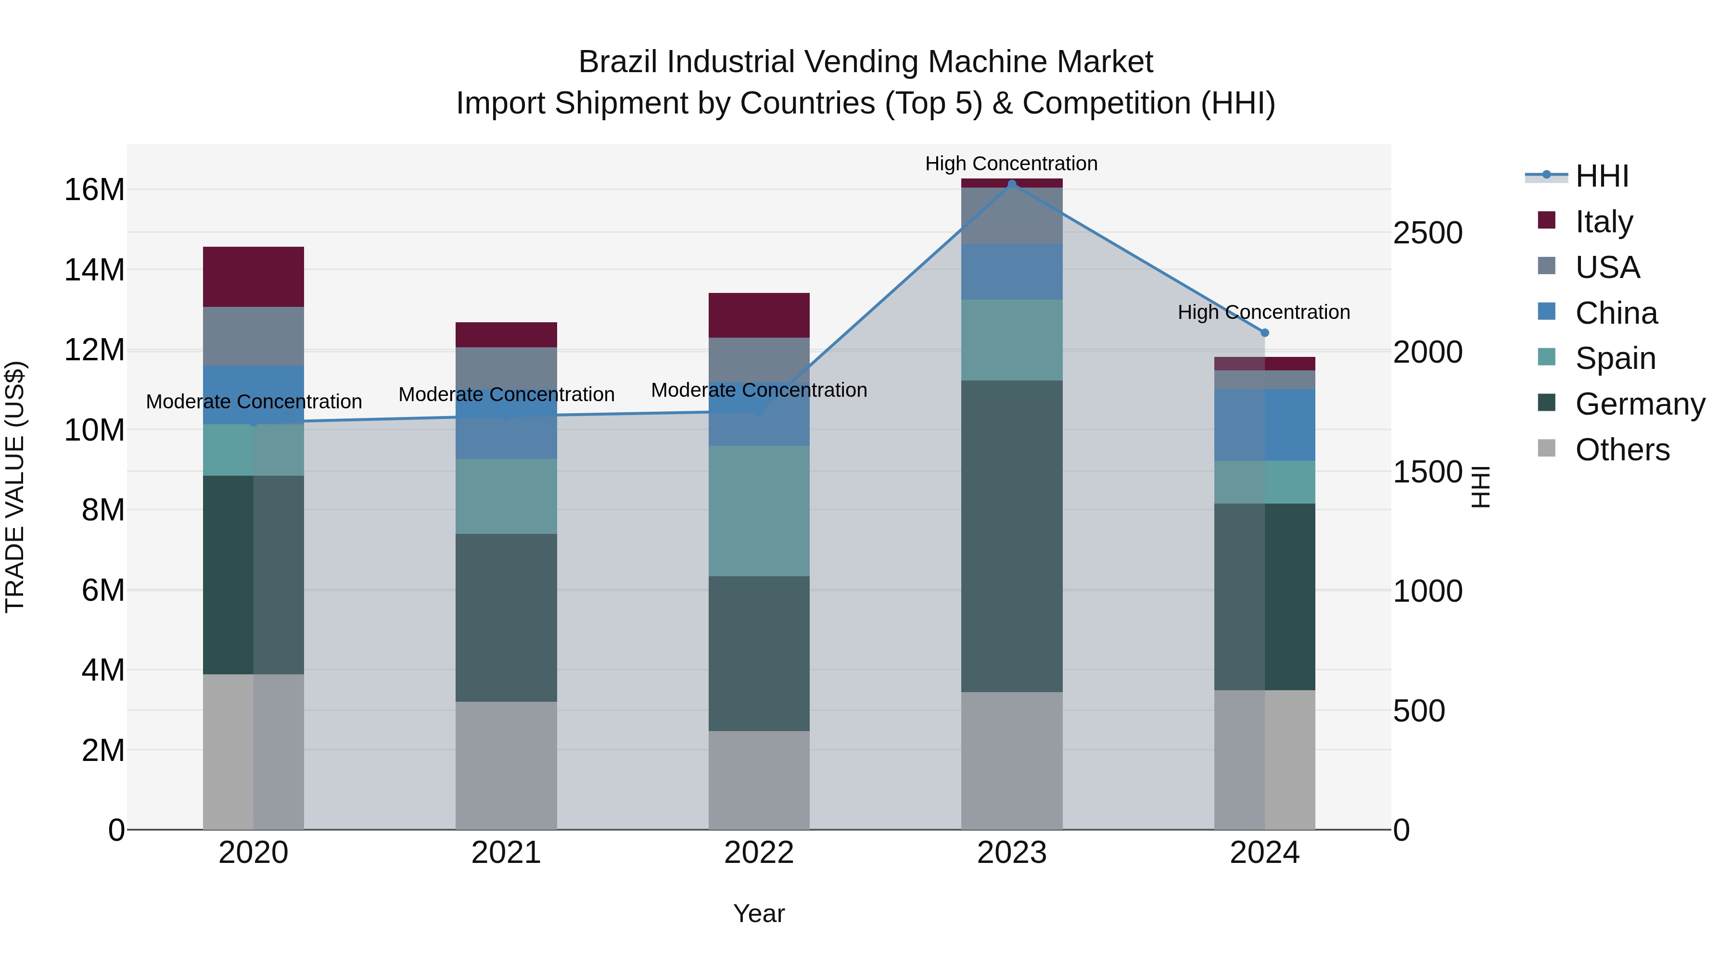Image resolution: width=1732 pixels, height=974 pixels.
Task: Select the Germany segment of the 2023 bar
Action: pos(1011,536)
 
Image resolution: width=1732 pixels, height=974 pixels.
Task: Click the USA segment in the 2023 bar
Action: pos(1011,216)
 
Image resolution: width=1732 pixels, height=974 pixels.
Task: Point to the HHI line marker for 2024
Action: pos(1264,333)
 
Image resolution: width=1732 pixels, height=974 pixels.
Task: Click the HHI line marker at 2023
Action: pos(1011,184)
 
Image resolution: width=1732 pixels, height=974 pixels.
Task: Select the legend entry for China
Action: pos(1616,313)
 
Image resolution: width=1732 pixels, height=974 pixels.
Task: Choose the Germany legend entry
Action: pos(1639,404)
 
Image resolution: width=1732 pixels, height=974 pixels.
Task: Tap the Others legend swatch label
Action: pos(1622,450)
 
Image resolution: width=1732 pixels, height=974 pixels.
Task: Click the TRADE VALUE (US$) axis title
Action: pos(15,487)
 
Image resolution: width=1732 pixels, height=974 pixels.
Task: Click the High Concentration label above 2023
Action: pos(1011,164)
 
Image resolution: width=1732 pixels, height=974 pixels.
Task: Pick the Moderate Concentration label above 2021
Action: pos(506,394)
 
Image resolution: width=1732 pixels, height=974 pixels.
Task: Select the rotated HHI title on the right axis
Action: pos(1481,487)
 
